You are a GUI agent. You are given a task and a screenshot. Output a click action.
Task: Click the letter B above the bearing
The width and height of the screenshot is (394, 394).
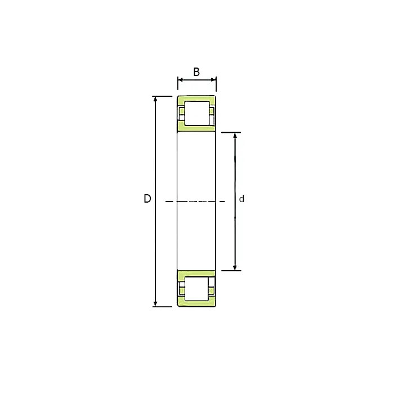pos(196,72)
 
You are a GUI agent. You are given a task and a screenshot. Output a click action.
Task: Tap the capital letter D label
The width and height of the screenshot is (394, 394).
pos(147,199)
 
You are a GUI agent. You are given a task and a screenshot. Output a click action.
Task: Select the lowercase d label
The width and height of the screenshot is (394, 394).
pos(241,199)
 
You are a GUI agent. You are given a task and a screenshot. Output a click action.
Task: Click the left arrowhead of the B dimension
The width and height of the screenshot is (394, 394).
pos(180,80)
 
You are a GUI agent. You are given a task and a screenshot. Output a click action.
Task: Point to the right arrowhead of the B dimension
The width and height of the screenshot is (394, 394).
pos(213,80)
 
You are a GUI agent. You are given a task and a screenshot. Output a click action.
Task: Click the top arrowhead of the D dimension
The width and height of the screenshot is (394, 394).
pos(155,99)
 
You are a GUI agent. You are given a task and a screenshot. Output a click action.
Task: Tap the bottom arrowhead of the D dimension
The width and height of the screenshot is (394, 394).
pos(155,304)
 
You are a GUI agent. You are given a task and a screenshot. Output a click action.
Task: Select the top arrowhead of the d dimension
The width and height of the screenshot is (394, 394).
pos(235,135)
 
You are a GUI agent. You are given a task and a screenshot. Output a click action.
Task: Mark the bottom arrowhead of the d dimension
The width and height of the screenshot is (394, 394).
pos(235,268)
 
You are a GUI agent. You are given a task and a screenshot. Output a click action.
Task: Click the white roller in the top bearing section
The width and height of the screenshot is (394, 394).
pos(197,113)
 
